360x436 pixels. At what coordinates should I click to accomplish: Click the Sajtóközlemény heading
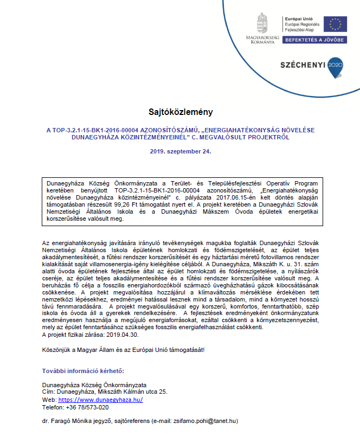pyautogui.click(x=180, y=112)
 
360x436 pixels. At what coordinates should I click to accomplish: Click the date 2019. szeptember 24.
pyautogui.click(x=180, y=151)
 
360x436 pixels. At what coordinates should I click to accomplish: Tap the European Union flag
pyautogui.click(x=335, y=24)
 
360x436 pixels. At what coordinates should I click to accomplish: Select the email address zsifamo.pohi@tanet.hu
pyautogui.click(x=205, y=421)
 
